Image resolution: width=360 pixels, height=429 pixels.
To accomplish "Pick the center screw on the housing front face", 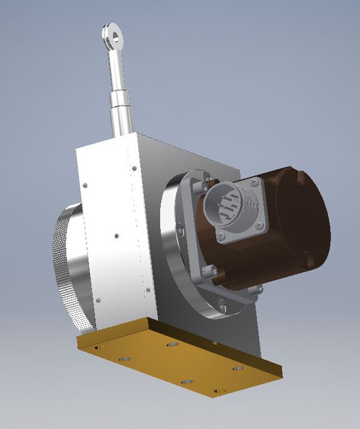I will (116, 235).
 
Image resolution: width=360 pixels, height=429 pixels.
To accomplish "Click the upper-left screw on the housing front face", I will (86, 185).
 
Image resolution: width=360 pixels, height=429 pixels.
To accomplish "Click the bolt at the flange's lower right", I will (257, 290).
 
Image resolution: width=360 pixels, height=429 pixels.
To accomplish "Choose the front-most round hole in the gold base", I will (187, 382).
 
